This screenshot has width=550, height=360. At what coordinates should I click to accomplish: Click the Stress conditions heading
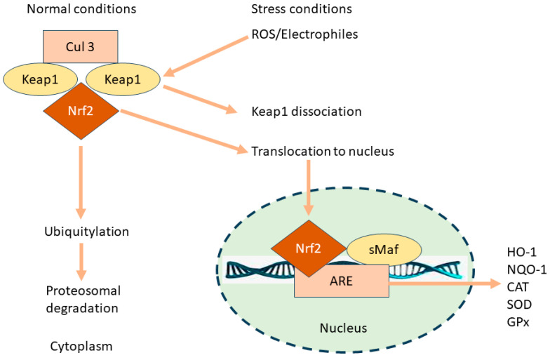[x=301, y=9]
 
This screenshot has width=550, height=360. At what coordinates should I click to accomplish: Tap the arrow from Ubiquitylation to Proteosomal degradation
[x=82, y=260]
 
